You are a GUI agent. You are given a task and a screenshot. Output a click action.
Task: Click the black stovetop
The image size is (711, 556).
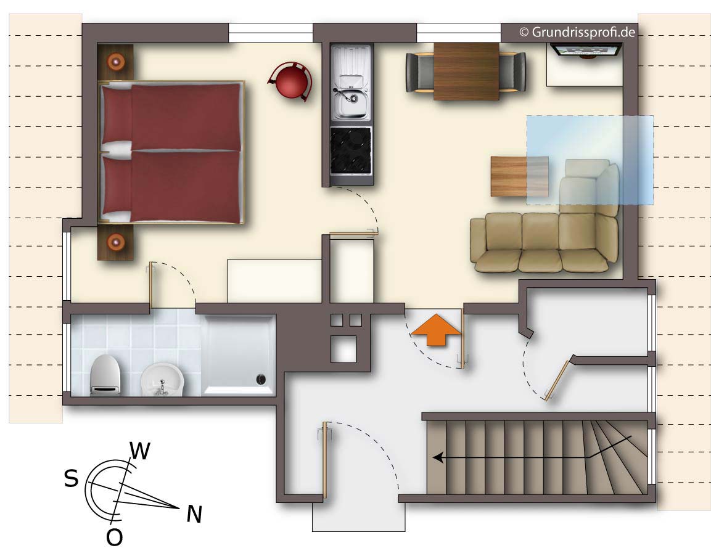351,151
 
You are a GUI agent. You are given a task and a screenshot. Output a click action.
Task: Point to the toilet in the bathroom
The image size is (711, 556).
105,374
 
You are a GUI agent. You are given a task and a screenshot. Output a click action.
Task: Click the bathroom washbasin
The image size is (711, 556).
162,380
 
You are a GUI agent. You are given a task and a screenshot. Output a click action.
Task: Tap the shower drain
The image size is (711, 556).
261,380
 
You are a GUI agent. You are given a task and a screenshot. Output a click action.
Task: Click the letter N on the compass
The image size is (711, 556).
194,514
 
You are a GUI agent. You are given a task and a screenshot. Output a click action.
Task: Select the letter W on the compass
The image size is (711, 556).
139,451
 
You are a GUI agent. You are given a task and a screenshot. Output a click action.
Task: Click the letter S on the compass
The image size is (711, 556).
71,478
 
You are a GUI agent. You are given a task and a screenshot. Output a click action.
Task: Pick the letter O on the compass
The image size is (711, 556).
114,538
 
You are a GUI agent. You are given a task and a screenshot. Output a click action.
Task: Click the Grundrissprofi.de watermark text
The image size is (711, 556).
577,32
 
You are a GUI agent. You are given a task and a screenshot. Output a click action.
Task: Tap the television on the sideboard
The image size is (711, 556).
585,51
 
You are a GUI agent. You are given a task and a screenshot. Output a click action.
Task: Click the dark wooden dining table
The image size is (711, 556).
466,71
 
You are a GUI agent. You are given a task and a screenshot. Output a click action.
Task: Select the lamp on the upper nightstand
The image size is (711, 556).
116,61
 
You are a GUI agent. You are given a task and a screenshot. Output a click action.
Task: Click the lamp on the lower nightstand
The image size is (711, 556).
116,242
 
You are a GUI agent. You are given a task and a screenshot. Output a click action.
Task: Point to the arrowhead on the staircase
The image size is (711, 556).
438,457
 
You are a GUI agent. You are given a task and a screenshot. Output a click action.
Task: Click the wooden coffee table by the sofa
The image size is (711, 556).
520,176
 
